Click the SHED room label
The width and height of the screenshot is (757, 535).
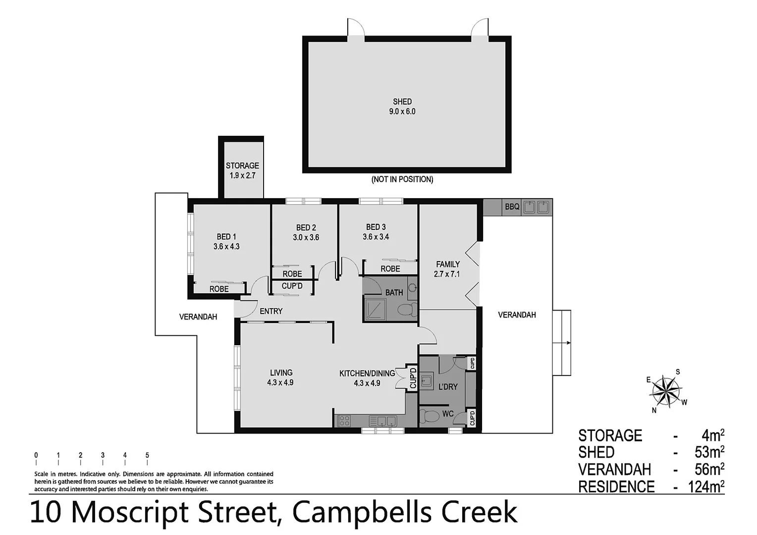(402, 107)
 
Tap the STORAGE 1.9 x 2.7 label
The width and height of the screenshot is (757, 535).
(242, 171)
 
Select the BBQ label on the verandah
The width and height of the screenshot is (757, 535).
(512, 207)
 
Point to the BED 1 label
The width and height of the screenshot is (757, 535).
(226, 242)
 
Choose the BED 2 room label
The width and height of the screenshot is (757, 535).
(306, 232)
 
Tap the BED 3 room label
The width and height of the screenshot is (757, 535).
(376, 232)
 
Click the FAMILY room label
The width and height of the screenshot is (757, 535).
(447, 269)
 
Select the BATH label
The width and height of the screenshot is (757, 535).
(394, 293)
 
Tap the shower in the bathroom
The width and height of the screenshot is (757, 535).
(375, 309)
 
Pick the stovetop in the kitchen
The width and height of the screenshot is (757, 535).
(344, 421)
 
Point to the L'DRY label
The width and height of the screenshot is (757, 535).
(448, 386)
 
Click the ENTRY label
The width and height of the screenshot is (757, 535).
(271, 311)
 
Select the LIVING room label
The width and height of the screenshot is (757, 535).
(280, 377)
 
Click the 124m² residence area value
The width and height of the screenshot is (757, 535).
(706, 487)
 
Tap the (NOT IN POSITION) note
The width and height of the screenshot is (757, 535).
(402, 179)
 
